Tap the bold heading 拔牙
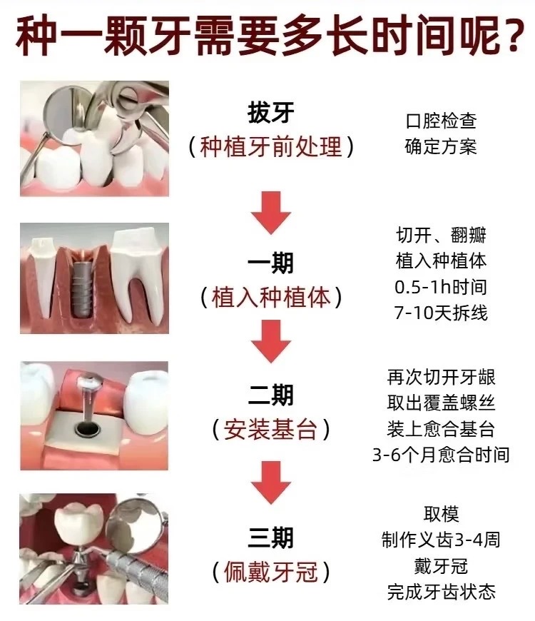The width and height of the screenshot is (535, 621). (x=271, y=113)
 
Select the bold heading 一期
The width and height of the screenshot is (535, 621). (x=270, y=263)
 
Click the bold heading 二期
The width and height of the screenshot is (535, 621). (x=270, y=395)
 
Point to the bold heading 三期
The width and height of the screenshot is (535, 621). (x=270, y=537)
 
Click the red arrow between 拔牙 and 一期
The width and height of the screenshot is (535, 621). (x=271, y=212)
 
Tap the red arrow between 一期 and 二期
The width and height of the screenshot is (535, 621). (x=271, y=341)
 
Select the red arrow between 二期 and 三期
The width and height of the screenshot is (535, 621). (x=271, y=483)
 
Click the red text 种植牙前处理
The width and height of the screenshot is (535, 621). (x=271, y=146)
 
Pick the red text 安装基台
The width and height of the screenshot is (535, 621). (x=271, y=429)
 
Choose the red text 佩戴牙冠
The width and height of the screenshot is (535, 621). (x=271, y=572)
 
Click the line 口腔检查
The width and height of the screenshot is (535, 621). (x=442, y=121)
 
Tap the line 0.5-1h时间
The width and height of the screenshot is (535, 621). (x=441, y=287)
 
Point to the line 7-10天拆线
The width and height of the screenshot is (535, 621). (x=441, y=313)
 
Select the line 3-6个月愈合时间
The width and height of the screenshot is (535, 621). (x=441, y=455)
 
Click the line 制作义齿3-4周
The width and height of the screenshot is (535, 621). (x=441, y=540)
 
